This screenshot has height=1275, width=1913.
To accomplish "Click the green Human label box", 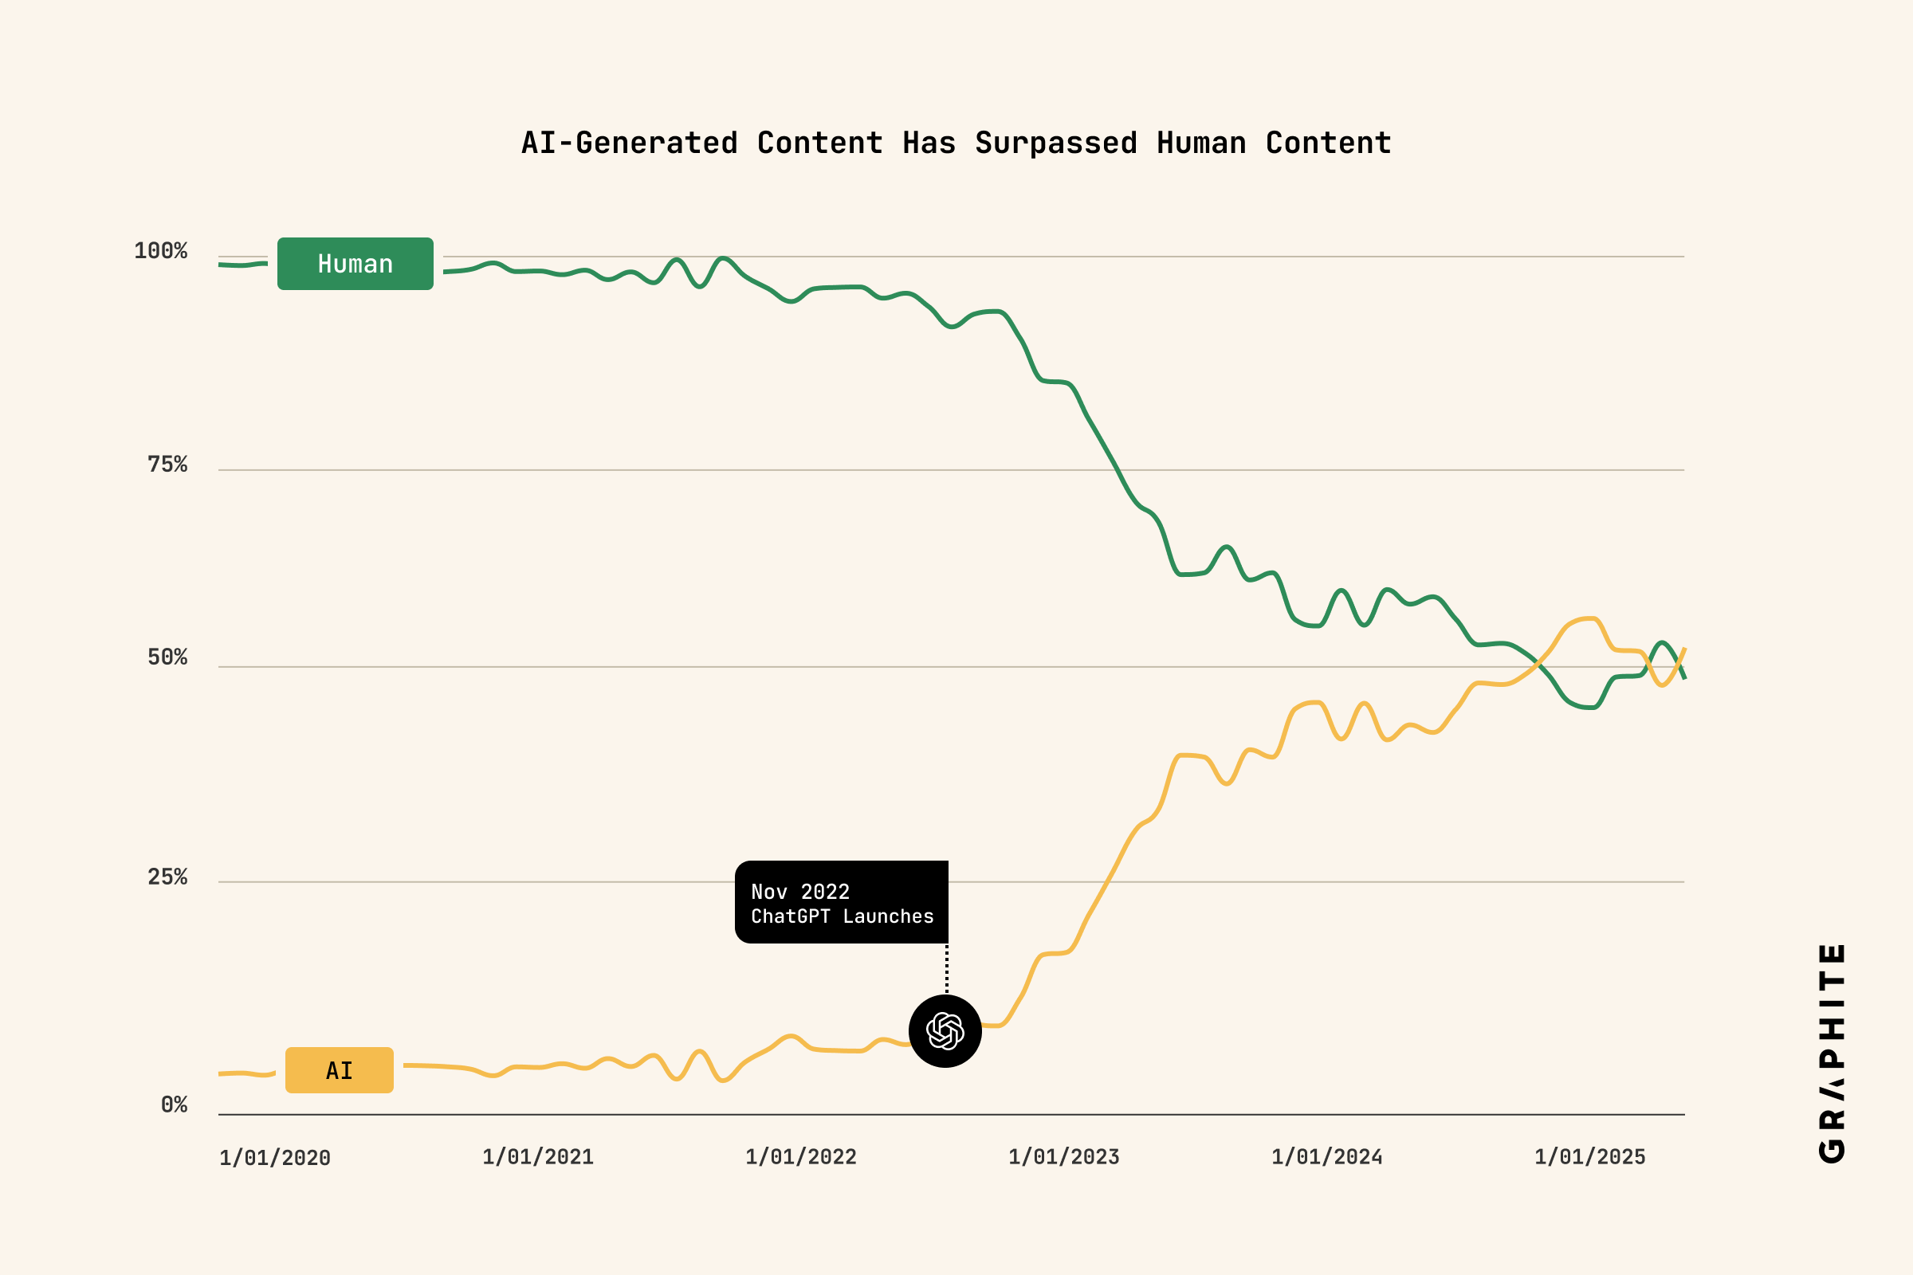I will pyautogui.click(x=355, y=264).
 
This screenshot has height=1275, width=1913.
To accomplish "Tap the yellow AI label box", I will pyautogui.click(x=340, y=1070).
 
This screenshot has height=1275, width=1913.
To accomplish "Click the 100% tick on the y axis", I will pyautogui.click(x=160, y=250).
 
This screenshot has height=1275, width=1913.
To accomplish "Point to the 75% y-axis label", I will pyautogui.click(x=167, y=465).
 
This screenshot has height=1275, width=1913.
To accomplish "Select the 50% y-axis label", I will pyautogui.click(x=167, y=657).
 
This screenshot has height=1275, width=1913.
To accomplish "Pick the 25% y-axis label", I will pyautogui.click(x=167, y=877).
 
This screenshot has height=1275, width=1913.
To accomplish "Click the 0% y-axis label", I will pyautogui.click(x=173, y=1104).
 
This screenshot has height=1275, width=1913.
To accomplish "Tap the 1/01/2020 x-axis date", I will pyautogui.click(x=275, y=1158).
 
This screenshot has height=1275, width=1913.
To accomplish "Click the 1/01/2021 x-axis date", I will pyautogui.click(x=537, y=1157).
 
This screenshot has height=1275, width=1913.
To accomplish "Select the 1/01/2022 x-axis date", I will pyautogui.click(x=800, y=1157).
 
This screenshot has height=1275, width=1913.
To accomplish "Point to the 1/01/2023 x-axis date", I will pyautogui.click(x=1064, y=1157).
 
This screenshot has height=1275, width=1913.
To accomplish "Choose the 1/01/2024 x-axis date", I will pyautogui.click(x=1326, y=1157).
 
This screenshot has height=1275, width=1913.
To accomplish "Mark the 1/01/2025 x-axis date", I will pyautogui.click(x=1589, y=1157).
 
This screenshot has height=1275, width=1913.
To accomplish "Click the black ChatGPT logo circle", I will pyautogui.click(x=945, y=1031).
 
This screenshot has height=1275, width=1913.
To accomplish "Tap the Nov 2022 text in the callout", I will pyautogui.click(x=799, y=892).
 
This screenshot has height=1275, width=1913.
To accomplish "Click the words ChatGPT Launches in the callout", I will pyautogui.click(x=842, y=916).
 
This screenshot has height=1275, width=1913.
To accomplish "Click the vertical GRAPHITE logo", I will pyautogui.click(x=1832, y=1053).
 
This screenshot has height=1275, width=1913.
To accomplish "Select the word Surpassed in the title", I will pyautogui.click(x=1055, y=143).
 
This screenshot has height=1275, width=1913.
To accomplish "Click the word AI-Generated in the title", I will pyautogui.click(x=629, y=143).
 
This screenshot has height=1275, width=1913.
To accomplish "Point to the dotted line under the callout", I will pyautogui.click(x=947, y=968).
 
